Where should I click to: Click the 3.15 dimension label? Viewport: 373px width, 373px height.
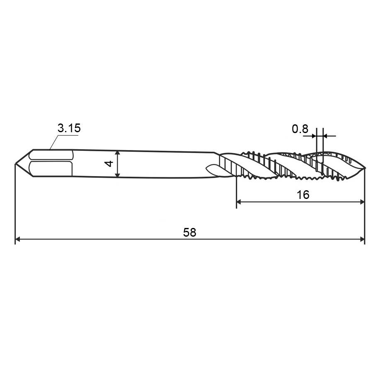point(69,128)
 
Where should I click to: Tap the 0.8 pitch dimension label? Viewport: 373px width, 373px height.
point(300,129)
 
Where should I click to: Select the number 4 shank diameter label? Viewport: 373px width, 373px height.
point(109,164)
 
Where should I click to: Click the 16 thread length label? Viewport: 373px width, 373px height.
point(303,195)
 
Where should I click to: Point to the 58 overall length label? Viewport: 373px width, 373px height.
point(189,233)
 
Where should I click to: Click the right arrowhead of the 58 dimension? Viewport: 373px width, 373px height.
point(362,239)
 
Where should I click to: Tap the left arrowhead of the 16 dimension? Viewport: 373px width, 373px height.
point(239,202)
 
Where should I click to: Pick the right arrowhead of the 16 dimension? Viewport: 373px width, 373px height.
point(361,202)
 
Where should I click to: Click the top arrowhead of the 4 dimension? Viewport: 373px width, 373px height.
point(117,153)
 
